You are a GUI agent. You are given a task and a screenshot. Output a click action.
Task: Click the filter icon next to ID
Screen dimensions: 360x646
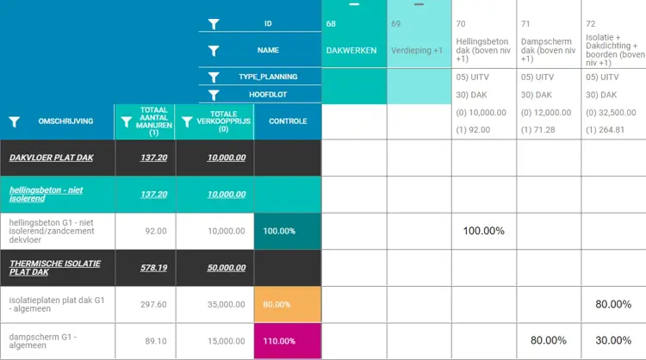[214, 24]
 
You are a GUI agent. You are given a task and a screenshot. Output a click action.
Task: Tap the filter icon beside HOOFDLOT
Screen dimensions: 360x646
[214, 94]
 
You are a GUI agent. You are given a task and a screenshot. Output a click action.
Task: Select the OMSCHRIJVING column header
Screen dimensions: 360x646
[65, 122]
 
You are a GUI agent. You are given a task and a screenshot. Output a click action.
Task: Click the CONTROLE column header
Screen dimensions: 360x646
[288, 121]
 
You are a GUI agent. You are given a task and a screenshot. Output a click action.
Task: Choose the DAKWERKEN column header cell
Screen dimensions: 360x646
[351, 51]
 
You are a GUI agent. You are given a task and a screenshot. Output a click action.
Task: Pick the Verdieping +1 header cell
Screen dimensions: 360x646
[417, 51]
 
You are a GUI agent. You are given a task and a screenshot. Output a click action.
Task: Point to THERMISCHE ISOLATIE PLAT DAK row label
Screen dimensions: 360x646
[55, 267]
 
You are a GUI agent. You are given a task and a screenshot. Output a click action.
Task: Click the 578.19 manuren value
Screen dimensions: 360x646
[154, 268]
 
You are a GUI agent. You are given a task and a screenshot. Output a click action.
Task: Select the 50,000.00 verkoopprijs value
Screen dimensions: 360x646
[227, 268]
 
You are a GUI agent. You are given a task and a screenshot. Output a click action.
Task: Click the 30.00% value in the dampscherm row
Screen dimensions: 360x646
[614, 340]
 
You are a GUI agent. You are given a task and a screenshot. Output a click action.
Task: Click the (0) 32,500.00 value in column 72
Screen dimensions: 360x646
[612, 112]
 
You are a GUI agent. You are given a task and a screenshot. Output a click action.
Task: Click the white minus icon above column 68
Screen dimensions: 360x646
[353, 4]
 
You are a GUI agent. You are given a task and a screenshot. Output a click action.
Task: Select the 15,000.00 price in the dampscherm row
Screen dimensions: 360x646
[227, 340]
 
